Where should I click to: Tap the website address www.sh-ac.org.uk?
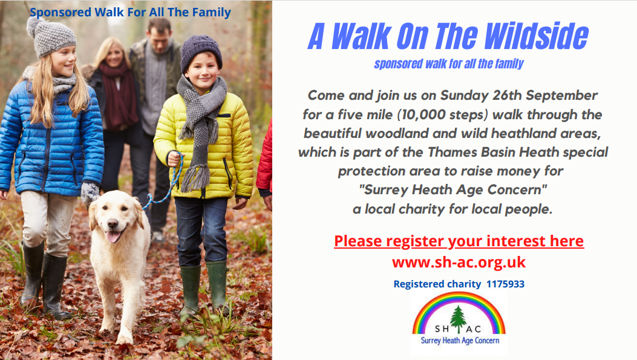coord(459,262)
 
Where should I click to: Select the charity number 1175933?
coord(505,284)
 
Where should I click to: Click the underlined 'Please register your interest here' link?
coord(459,241)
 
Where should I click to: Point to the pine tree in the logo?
coord(459,319)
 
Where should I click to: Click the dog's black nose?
coord(113,223)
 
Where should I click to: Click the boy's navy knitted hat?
coord(201,51)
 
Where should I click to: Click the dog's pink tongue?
coord(113,237)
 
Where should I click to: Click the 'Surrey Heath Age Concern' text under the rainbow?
coord(460,341)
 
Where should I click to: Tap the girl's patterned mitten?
coord(90,192)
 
